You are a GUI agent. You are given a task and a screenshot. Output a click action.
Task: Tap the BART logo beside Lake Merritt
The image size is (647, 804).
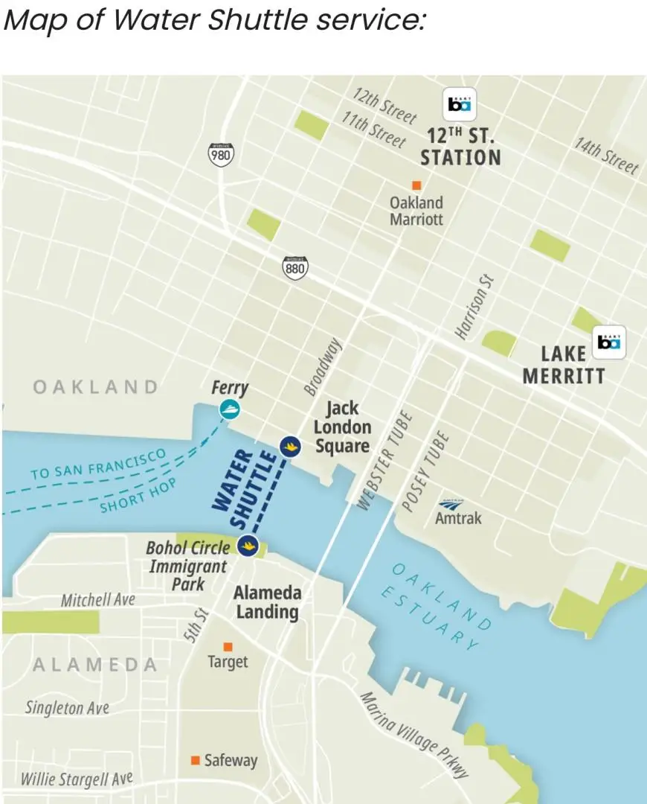click(x=611, y=343)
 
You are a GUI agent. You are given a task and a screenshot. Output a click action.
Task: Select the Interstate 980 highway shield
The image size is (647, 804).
click(x=219, y=154)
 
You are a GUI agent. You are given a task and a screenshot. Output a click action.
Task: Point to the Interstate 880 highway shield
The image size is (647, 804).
click(x=295, y=267)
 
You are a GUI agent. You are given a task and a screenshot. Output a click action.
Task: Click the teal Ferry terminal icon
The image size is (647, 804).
click(x=230, y=409)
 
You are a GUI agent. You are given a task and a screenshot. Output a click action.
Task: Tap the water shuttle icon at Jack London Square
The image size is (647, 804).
click(x=289, y=445)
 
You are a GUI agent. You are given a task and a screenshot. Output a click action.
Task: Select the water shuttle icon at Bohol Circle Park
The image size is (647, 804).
click(x=248, y=546)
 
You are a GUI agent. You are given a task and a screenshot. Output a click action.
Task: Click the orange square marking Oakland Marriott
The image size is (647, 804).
click(x=416, y=185)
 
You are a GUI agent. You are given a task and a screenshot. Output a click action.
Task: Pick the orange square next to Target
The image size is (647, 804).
click(x=228, y=646)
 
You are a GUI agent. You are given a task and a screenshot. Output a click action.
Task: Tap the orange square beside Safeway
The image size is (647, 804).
click(x=196, y=760)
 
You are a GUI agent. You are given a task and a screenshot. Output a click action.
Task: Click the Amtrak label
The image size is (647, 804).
click(x=458, y=517)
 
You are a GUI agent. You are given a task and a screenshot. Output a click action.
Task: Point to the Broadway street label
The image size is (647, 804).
click(x=322, y=366)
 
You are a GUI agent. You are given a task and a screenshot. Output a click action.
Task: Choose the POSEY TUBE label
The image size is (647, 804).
click(x=426, y=470)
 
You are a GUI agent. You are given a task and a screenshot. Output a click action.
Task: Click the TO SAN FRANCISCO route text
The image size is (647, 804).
click(x=98, y=465)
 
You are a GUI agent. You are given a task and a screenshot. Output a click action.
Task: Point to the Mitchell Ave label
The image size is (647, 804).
click(x=97, y=599)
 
